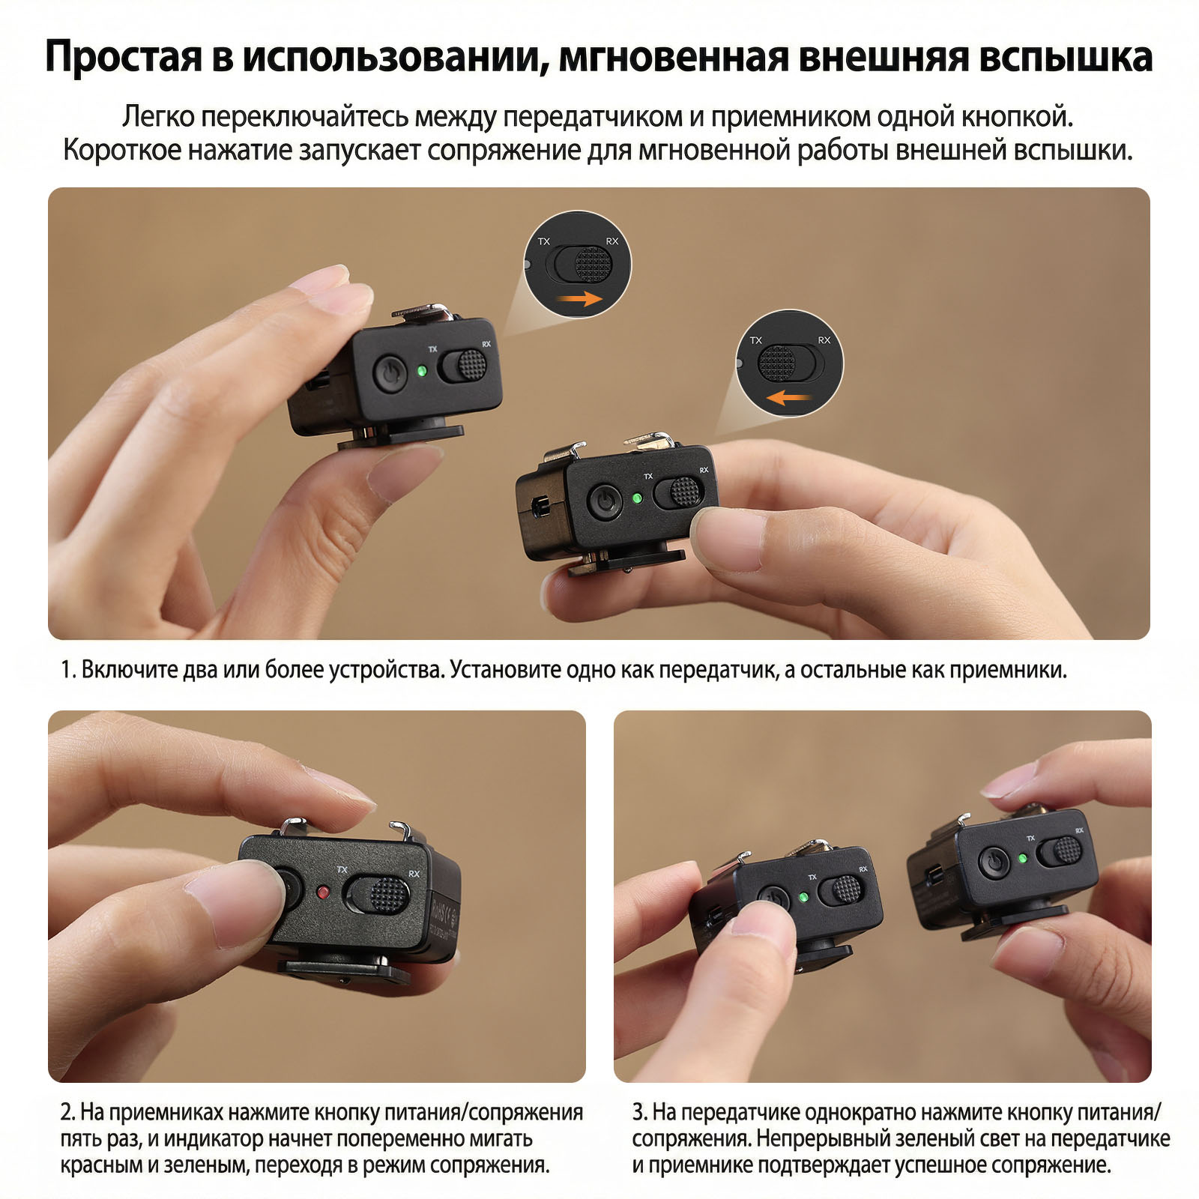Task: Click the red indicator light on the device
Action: click(x=323, y=892)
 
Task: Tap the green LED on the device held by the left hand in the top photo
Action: click(x=422, y=370)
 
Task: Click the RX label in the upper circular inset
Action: click(x=612, y=241)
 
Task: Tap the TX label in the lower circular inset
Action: click(x=755, y=340)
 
